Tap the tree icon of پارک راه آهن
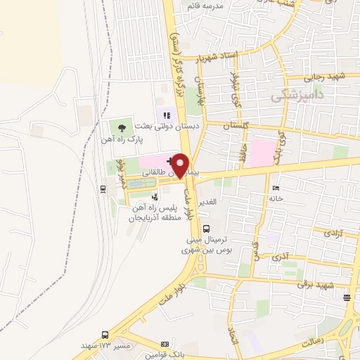pos(122,128)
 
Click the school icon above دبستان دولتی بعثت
pos(167,115)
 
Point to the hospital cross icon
pos(172,161)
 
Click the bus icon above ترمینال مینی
pos(206,228)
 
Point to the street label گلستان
pos(236,124)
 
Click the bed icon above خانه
pos(275,188)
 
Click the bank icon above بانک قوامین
pos(166,346)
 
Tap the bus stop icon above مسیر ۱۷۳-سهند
pos(105,335)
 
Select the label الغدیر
pos(210,202)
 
